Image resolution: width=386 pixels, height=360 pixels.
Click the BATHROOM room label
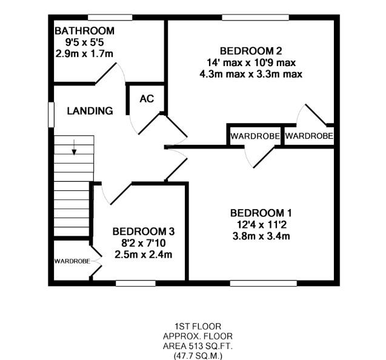coord(84,31)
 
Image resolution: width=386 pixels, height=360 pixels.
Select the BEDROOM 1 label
coord(261,213)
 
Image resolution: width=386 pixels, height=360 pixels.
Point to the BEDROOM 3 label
coord(144,231)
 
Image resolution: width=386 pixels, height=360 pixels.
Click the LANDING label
coord(90,111)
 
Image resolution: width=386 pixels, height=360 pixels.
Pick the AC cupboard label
coord(147,99)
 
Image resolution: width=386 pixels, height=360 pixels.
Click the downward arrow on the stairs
coord(74,148)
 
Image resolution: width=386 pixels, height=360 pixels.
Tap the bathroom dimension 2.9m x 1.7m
coord(84,54)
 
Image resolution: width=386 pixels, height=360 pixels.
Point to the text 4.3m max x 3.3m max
coord(250,74)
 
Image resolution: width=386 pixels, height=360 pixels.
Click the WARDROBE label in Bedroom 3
coord(72,261)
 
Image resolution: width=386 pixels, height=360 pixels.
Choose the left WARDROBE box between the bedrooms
coord(255,136)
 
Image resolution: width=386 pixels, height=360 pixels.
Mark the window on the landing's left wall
coord(51,114)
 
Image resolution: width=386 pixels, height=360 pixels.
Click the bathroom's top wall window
coord(110,17)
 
